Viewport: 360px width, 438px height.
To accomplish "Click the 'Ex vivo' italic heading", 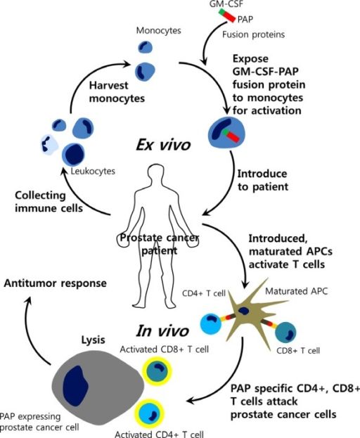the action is click(x=163, y=146).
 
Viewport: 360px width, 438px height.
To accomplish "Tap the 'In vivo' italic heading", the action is click(x=162, y=331).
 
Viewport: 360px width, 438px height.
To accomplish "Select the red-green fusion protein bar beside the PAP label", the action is click(x=227, y=15).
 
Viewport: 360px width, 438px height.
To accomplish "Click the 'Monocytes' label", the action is click(x=158, y=30).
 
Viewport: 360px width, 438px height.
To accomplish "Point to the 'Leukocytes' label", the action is click(x=93, y=171).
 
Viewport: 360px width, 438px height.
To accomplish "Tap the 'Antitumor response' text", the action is click(x=56, y=283).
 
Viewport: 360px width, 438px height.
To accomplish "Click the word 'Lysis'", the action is click(x=93, y=340).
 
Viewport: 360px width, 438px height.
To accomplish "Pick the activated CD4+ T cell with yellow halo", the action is click(x=150, y=413).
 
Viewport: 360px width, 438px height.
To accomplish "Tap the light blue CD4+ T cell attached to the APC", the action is click(x=211, y=324).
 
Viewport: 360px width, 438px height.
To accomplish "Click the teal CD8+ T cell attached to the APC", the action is click(x=285, y=333).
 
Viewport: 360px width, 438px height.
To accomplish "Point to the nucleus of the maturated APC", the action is click(x=243, y=311).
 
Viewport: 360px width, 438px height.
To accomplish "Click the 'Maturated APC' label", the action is click(x=296, y=291).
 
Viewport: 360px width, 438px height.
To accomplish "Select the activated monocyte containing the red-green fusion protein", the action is click(x=226, y=133).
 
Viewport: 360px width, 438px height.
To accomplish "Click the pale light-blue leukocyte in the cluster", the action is click(x=49, y=144).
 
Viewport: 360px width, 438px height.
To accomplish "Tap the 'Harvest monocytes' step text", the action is click(x=117, y=92).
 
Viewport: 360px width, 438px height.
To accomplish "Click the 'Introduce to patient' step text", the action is click(x=262, y=180).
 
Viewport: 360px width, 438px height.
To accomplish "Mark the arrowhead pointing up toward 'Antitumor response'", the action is click(x=28, y=301).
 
